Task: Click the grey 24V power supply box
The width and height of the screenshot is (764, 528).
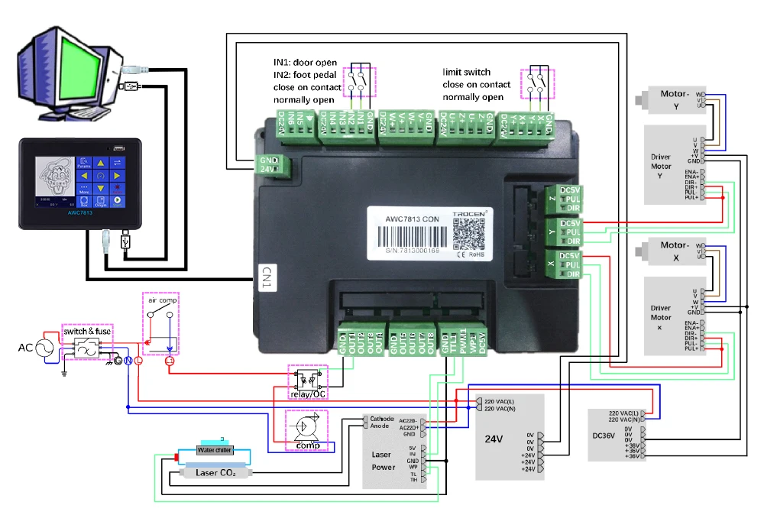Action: pos(510,438)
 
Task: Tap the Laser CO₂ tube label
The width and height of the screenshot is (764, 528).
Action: pos(215,473)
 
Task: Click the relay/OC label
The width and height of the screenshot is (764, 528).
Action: pos(307,394)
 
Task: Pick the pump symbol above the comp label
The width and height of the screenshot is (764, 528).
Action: pos(305,425)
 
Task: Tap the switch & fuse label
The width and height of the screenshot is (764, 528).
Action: pos(87,332)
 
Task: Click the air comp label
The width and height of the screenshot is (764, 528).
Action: pos(162,300)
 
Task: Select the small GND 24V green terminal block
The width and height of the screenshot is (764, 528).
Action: pos(270,165)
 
